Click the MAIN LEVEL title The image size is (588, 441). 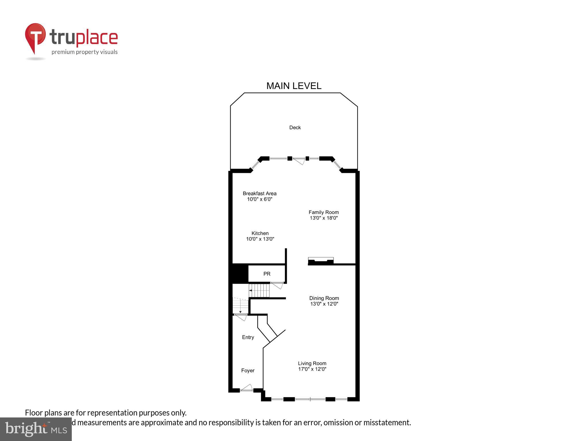pyautogui.click(x=294, y=86)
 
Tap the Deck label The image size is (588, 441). pyautogui.click(x=295, y=127)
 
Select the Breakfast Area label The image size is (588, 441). pyautogui.click(x=260, y=194)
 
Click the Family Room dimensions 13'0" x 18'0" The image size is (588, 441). pyautogui.click(x=324, y=218)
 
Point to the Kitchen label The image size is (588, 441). pyautogui.click(x=260, y=233)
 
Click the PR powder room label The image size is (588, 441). pyautogui.click(x=267, y=274)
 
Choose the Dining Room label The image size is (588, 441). pyautogui.click(x=324, y=298)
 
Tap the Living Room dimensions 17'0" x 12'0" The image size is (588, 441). pyautogui.click(x=312, y=369)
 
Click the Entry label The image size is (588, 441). pyautogui.click(x=248, y=337)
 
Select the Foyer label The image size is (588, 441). pyautogui.click(x=248, y=371)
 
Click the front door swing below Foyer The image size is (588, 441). pyautogui.click(x=247, y=388)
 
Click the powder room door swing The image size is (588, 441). pyautogui.click(x=277, y=285)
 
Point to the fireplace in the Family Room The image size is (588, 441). pyautogui.click(x=321, y=261)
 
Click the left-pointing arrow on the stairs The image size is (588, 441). pyautogui.click(x=250, y=291)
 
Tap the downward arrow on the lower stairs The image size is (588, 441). pyautogui.click(x=240, y=311)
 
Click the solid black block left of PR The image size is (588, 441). pyautogui.click(x=240, y=274)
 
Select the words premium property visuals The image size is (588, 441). pyautogui.click(x=84, y=52)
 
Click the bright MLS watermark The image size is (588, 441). pyautogui.click(x=36, y=429)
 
